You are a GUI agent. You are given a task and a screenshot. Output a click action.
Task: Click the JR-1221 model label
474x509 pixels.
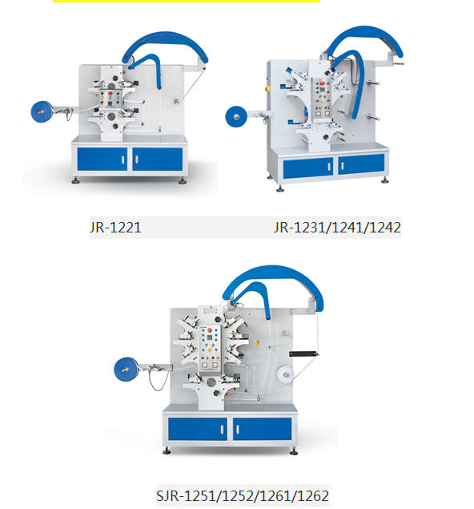[115, 228]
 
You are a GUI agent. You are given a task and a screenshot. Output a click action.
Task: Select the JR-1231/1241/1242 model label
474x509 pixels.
[337, 228]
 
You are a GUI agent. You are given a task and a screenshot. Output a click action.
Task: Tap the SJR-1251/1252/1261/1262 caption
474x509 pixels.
[242, 495]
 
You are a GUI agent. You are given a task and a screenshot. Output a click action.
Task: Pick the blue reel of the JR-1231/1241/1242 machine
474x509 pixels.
[239, 117]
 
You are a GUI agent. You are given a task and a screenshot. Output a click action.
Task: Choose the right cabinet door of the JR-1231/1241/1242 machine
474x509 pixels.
[360, 166]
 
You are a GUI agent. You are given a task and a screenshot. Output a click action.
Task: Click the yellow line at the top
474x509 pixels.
[186, 2]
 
